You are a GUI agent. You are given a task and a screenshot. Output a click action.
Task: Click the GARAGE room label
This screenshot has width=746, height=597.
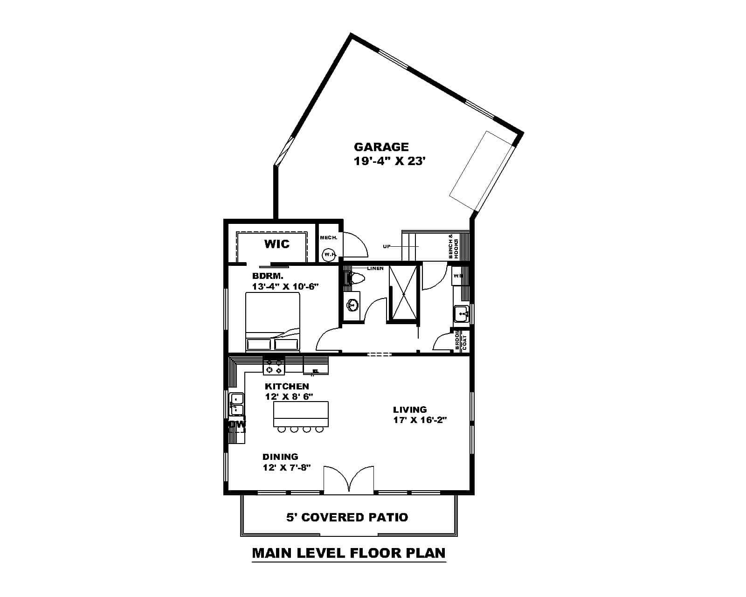click(381, 147)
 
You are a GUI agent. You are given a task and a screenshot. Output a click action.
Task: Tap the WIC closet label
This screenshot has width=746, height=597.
click(277, 244)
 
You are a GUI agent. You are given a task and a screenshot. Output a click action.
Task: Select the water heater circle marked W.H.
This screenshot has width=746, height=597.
click(329, 255)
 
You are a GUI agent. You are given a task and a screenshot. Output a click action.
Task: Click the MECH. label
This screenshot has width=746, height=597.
click(328, 238)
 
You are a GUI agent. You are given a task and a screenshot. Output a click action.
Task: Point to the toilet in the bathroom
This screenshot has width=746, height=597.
click(357, 279)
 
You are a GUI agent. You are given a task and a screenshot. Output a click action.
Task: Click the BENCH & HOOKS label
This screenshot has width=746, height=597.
click(454, 246)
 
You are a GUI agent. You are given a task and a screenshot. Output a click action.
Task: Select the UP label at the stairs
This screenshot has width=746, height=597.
click(387, 246)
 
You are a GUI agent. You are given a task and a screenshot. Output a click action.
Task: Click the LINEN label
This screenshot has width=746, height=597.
click(375, 269)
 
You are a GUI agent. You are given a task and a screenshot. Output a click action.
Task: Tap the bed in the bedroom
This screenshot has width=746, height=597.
click(273, 322)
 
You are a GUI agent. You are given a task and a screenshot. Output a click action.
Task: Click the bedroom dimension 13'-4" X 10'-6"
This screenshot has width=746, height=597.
click(285, 286)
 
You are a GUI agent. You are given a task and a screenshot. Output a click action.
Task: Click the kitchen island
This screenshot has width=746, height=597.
click(301, 414)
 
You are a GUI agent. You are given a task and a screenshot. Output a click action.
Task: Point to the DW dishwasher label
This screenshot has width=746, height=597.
click(237, 424)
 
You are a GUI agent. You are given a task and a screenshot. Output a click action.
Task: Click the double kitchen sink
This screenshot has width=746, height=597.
click(237, 404)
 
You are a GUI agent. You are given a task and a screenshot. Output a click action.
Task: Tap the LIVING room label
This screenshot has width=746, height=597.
click(410, 410)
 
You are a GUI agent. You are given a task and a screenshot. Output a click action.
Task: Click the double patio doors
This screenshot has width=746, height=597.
click(348, 479)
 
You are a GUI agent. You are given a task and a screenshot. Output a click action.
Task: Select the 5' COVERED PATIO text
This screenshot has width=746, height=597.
click(347, 517)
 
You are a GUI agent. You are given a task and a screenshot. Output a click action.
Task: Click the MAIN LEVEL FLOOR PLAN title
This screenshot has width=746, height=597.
click(349, 553)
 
